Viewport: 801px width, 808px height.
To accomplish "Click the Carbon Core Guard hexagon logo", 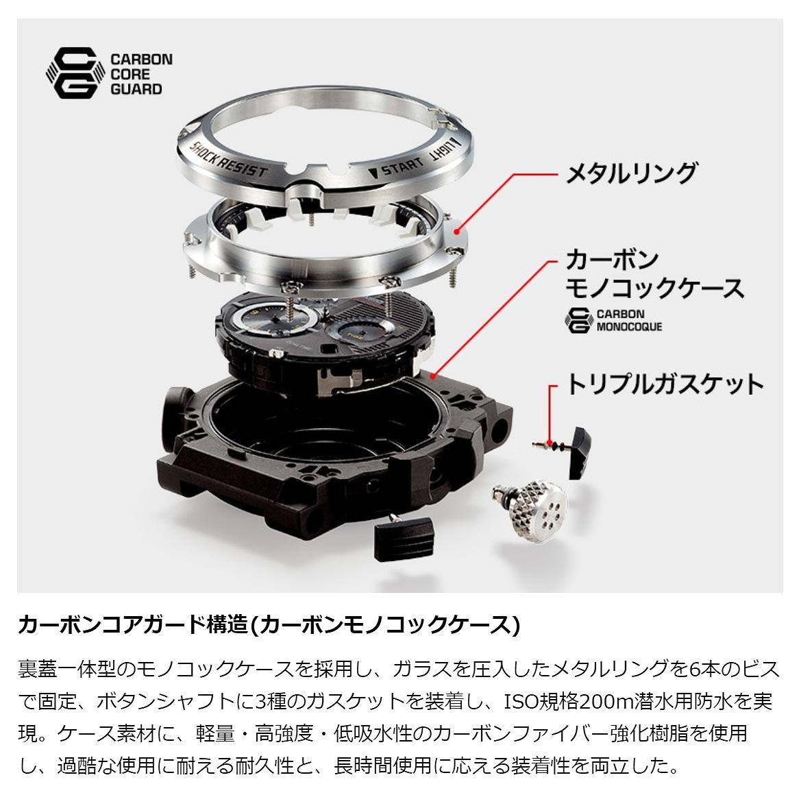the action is [72, 73].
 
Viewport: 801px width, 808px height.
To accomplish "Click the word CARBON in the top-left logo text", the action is [142, 59].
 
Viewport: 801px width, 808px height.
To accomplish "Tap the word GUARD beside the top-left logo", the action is [136, 89].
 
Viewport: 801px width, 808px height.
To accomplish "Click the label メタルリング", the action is [632, 173].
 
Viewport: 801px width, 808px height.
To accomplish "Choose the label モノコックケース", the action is [654, 288].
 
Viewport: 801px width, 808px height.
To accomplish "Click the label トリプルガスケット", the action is [665, 384].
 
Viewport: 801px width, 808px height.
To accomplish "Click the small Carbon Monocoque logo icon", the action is [578, 320].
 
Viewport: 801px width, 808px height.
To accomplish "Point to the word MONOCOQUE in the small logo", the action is [630, 327].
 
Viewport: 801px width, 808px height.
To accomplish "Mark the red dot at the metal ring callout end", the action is [456, 232].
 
